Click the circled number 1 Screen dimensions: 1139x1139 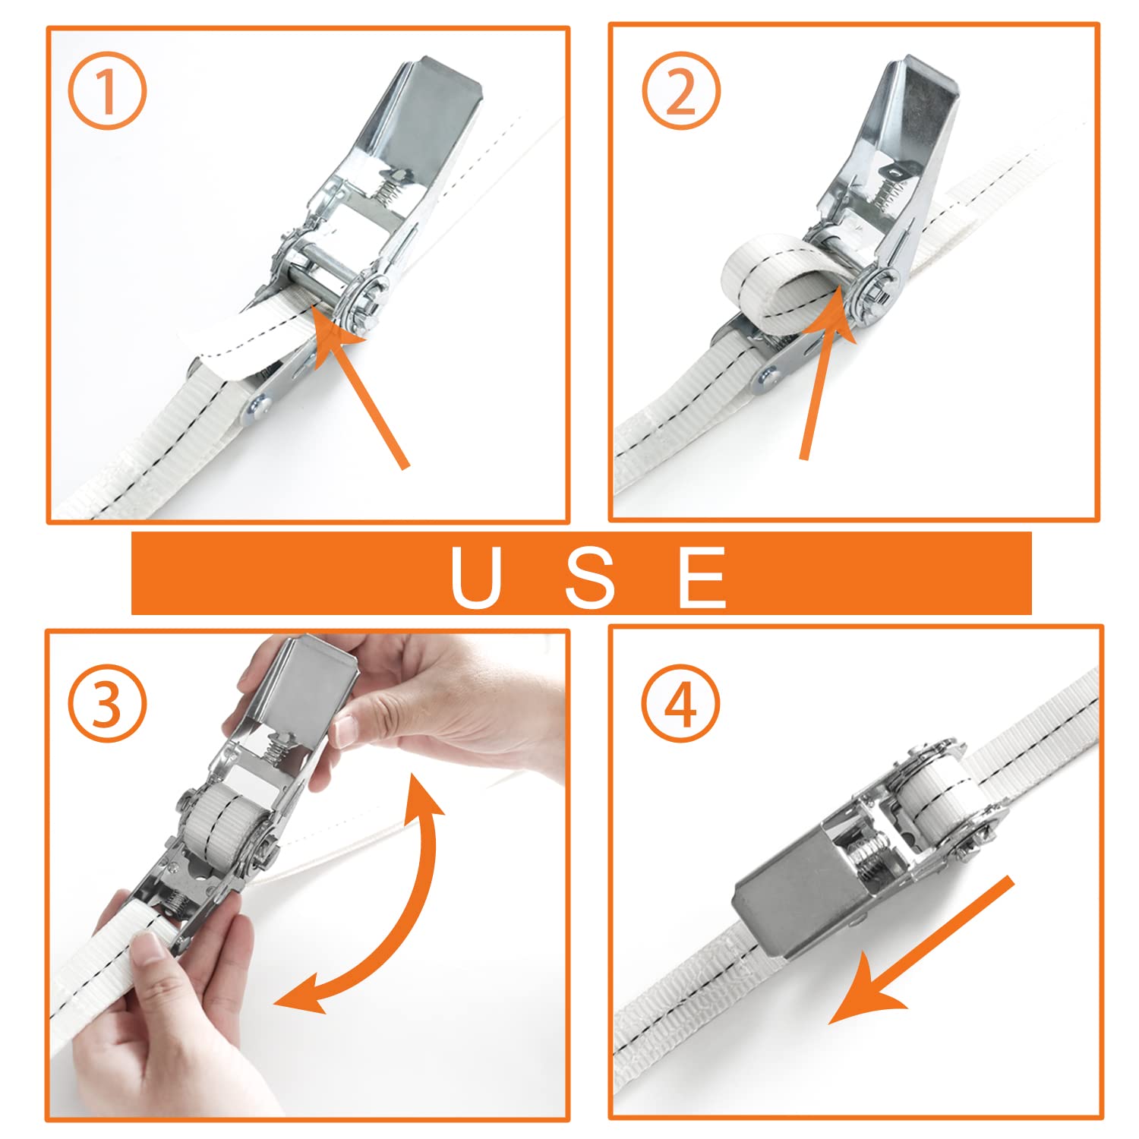[x=107, y=92]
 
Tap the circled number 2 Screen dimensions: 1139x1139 [x=681, y=92]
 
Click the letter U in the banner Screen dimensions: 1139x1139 [x=477, y=577]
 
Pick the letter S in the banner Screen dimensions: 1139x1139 [x=590, y=577]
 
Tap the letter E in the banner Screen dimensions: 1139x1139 [x=702, y=577]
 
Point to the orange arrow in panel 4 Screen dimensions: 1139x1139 [x=923, y=949]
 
